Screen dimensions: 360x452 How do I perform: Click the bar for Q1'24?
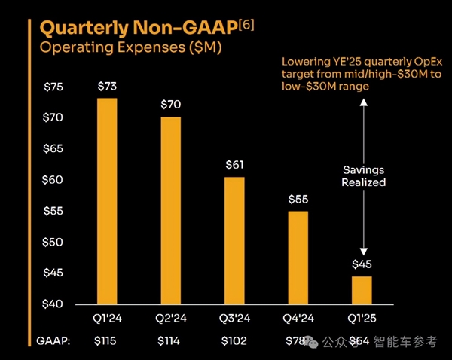coord(107,200)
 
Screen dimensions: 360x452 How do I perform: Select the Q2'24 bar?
coord(171,209)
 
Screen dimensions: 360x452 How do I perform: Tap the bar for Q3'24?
coord(234,240)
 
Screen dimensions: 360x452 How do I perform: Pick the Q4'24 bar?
coord(298,257)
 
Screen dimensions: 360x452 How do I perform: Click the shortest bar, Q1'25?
coord(362,289)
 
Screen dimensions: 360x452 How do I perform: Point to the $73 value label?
coord(107,87)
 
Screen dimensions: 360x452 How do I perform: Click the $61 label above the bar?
coord(234,165)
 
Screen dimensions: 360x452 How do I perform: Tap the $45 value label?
coord(362,264)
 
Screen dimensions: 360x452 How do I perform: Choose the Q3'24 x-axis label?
coord(234,319)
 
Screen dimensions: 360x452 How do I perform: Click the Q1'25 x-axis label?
coord(362,319)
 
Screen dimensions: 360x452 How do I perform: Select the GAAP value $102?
coord(234,341)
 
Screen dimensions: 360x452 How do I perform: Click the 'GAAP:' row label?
coord(53,341)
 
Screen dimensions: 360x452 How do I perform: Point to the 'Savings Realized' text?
coord(364,176)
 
